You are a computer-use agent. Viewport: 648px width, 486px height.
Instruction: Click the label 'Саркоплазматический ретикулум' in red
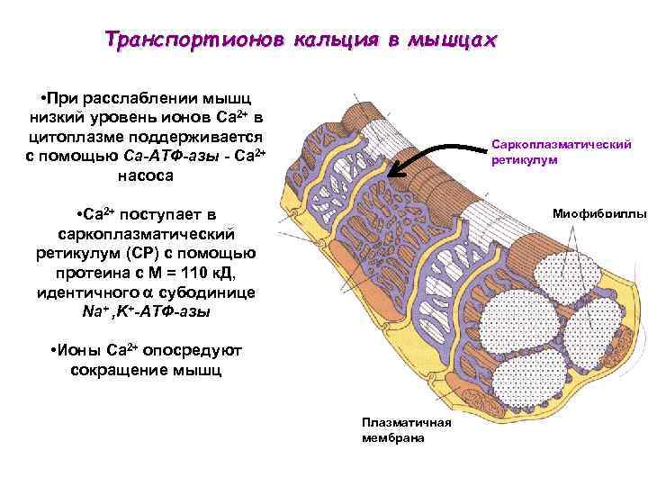(x=562, y=151)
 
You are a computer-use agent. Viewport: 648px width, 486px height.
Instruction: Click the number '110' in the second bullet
(x=202, y=273)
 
